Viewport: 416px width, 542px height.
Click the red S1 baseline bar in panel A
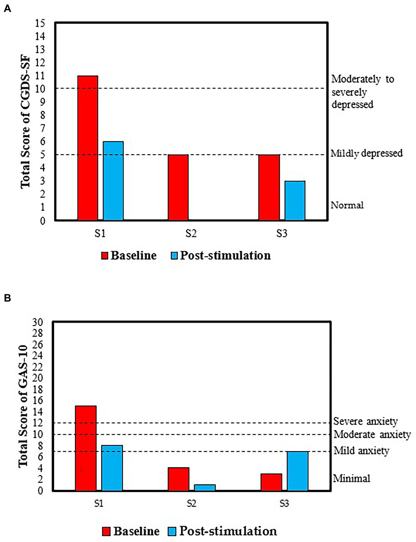point(88,148)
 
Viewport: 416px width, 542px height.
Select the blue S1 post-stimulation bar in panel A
point(113,181)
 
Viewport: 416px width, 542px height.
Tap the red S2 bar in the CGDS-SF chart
point(178,187)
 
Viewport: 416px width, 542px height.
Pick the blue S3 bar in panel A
point(295,201)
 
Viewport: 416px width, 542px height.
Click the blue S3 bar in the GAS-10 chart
point(298,471)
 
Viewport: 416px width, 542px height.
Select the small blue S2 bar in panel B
point(205,487)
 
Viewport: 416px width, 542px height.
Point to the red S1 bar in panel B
point(86,448)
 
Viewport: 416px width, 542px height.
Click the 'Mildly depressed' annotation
point(366,153)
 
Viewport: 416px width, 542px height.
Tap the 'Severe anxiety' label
point(365,421)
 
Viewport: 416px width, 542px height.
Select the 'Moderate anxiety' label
point(372,434)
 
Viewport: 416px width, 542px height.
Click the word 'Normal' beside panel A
point(347,205)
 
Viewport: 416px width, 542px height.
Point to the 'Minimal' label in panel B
point(351,478)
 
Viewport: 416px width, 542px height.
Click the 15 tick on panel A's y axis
point(40,23)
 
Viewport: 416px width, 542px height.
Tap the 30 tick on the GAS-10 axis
point(38,322)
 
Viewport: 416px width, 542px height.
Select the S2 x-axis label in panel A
point(191,234)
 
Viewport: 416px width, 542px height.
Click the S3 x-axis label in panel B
point(284,503)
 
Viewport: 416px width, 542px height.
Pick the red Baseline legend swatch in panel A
point(105,255)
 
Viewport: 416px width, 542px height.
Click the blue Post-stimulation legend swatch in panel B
point(172,531)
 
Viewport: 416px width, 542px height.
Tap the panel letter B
point(7,298)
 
